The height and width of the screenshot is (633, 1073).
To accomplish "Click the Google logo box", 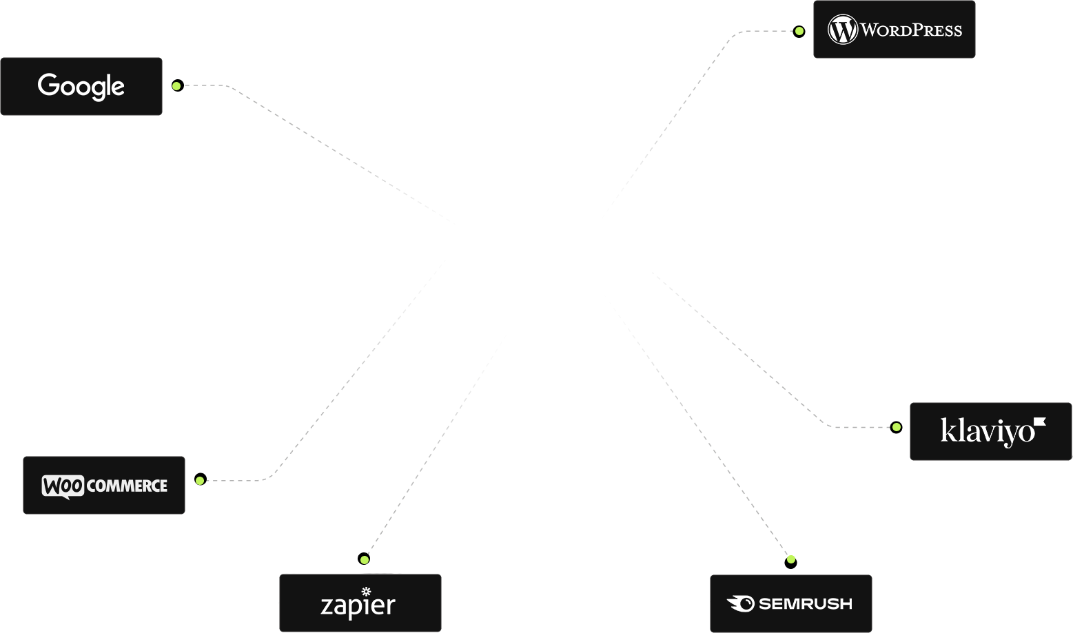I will coord(81,86).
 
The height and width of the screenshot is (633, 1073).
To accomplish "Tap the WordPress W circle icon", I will coord(842,30).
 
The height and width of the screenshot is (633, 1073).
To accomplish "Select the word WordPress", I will coord(911,30).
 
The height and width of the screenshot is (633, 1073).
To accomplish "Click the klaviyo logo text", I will coord(987,431).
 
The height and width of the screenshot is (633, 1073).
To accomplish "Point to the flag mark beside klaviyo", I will coord(1040,422).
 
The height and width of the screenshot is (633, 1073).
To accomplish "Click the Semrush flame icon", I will coord(741,603).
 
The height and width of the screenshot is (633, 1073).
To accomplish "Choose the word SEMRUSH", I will coord(805,604).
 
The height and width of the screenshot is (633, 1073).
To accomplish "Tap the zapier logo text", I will coord(358,605).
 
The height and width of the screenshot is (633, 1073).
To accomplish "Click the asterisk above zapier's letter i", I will coord(366,591).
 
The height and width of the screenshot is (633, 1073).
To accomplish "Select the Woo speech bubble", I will coord(63,486).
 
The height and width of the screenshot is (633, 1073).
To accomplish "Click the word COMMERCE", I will coord(127,486).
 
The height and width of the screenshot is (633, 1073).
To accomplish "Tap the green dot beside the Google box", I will coord(176,86).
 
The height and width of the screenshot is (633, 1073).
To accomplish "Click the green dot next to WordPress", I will coord(799,31).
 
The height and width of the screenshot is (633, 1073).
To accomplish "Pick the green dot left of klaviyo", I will coord(897,427).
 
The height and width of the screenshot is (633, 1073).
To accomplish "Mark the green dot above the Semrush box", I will coord(791,559).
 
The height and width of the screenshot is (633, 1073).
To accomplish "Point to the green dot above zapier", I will coord(365,560).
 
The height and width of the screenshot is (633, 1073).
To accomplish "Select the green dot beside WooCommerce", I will coord(199,481).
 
